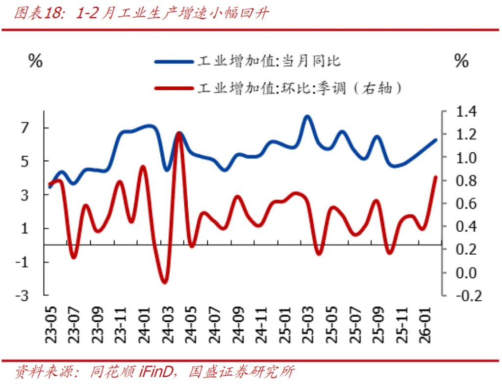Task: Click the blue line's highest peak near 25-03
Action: (x=307, y=117)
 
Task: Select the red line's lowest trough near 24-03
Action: (x=164, y=282)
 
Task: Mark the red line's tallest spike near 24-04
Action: (x=179, y=133)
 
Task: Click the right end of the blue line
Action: (x=435, y=140)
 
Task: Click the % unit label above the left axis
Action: (x=35, y=62)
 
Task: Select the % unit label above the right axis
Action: (x=461, y=62)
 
